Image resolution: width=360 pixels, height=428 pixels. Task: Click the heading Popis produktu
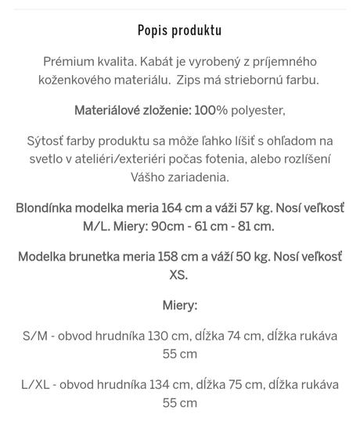(179, 31)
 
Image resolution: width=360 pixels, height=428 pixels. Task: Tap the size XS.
(179, 275)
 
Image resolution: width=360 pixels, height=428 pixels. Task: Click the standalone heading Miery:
(179, 305)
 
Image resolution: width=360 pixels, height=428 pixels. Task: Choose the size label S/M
(36, 336)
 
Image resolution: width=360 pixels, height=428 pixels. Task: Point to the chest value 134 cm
(170, 384)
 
